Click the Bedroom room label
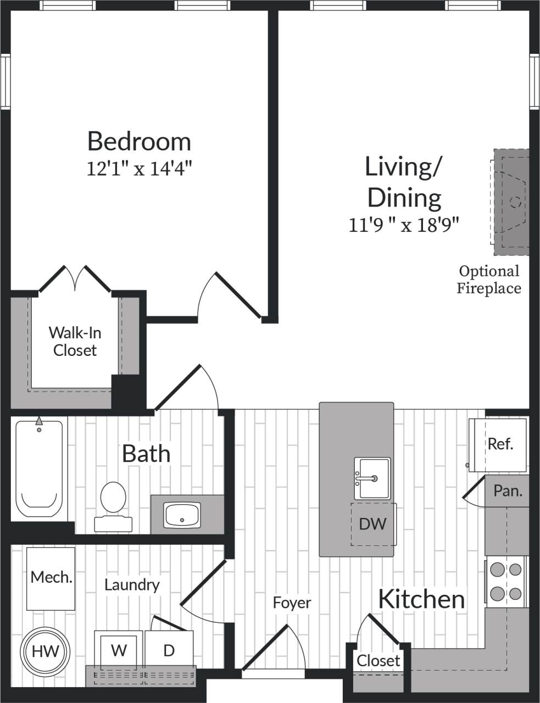pos(139,141)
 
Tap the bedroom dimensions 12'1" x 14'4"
pos(139,168)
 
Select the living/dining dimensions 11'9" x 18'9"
pos(404,225)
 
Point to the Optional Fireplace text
pos(488,279)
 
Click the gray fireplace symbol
pos(511,202)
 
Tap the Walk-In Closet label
pos(75,341)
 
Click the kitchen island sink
pos(372,478)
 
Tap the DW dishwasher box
pos(372,523)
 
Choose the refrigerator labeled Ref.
pos(499,444)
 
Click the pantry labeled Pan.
pos(507,491)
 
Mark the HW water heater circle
pos(45,651)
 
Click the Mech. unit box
pos(51,578)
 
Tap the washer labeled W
pos(119,650)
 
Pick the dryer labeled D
pos(169,650)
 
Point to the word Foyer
pos(292,602)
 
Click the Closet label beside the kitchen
pos(378,660)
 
